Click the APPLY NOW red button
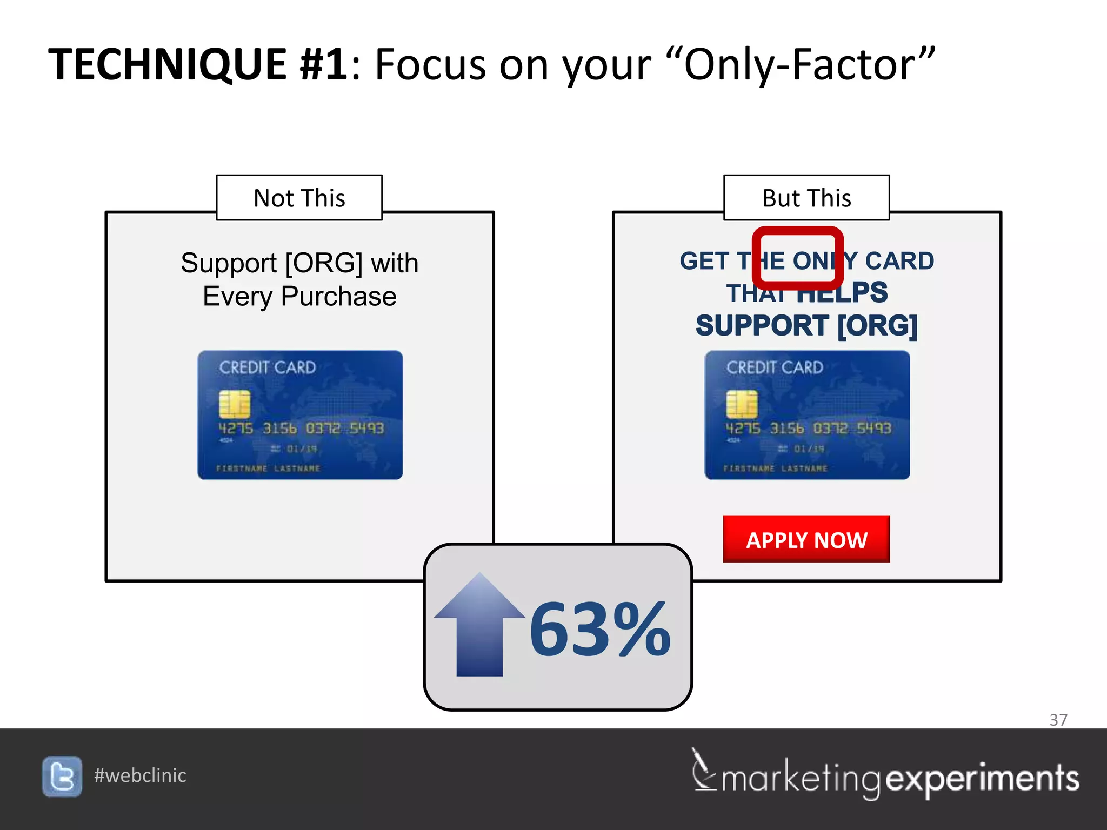(806, 539)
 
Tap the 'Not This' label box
(299, 198)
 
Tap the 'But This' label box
(806, 198)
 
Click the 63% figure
(599, 630)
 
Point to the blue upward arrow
(479, 627)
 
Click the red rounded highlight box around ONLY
(797, 232)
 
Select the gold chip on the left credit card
(234, 404)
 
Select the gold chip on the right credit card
(742, 404)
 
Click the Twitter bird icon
(62, 776)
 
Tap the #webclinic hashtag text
(140, 775)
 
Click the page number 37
(1058, 720)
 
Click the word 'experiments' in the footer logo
(982, 779)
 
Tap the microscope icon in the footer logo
(703, 770)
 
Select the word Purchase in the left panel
(338, 296)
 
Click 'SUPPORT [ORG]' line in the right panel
(806, 326)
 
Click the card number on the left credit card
(301, 429)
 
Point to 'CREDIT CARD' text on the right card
(774, 367)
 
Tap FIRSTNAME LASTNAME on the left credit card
(268, 468)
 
